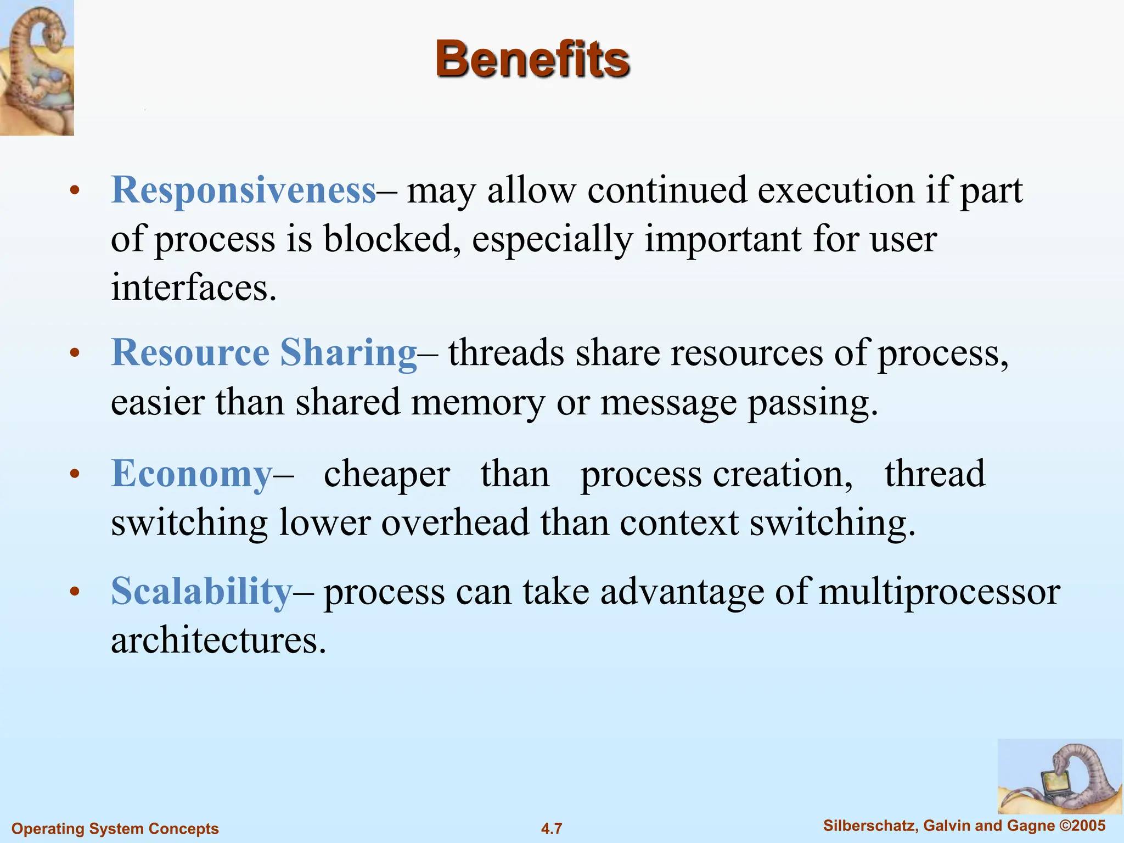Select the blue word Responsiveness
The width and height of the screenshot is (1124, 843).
(x=244, y=190)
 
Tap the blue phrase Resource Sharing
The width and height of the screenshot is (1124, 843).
(x=264, y=352)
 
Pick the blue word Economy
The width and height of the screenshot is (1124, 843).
(x=192, y=474)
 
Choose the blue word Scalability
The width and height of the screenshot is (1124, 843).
(x=201, y=592)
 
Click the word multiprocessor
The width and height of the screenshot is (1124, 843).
(x=939, y=593)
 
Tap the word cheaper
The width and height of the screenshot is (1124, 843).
(x=387, y=475)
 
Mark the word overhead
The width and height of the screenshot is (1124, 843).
(x=455, y=522)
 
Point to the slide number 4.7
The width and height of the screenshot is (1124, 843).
(x=552, y=828)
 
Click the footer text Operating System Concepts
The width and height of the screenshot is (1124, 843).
(x=115, y=828)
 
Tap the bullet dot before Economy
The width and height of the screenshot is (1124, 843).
(x=75, y=474)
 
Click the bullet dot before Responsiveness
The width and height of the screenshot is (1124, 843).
(x=75, y=191)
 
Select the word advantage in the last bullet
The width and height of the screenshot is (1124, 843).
(x=682, y=593)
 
